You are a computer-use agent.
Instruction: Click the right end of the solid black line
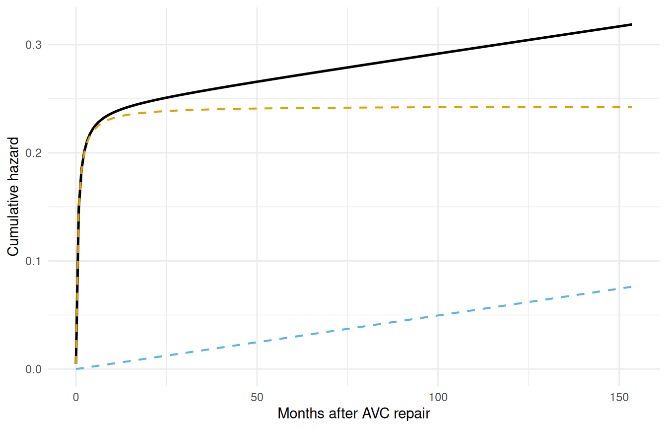(631, 24)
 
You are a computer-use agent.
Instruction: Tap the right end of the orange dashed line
(631, 107)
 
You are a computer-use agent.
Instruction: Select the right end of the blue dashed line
(631, 286)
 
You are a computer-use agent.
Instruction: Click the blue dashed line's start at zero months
(76, 369)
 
